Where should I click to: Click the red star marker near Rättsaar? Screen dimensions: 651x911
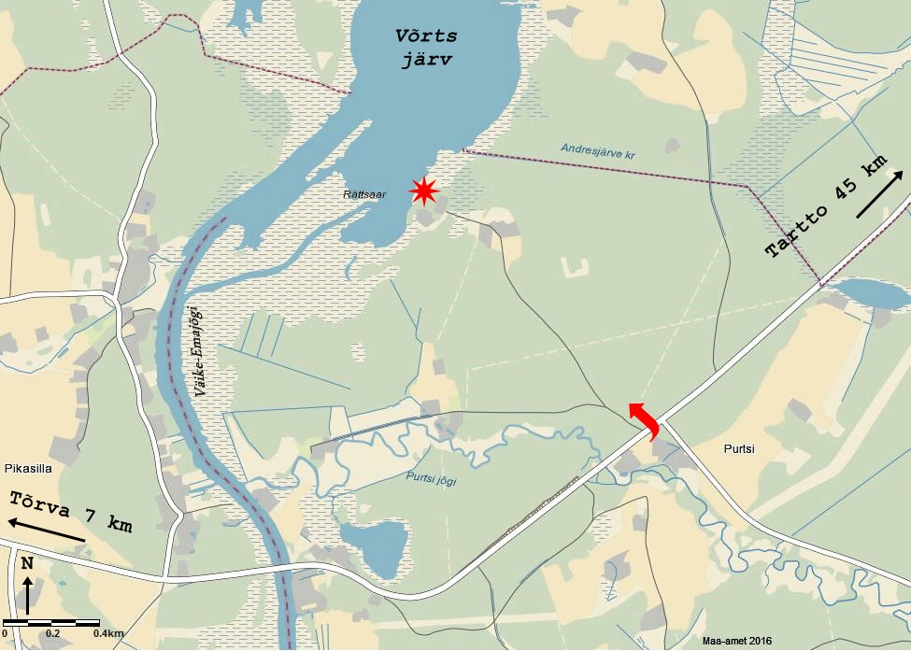coord(424,191)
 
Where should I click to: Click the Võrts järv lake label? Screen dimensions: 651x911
coord(425,46)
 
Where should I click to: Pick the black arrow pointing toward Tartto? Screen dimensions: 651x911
coord(879,194)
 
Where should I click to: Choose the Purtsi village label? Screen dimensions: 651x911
coord(738,448)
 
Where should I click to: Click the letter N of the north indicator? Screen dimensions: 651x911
coord(28,563)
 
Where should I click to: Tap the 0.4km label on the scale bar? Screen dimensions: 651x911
coord(108,634)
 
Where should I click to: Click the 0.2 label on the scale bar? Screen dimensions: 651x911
coord(53,634)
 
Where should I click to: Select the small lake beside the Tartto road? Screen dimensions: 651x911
coord(869,292)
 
